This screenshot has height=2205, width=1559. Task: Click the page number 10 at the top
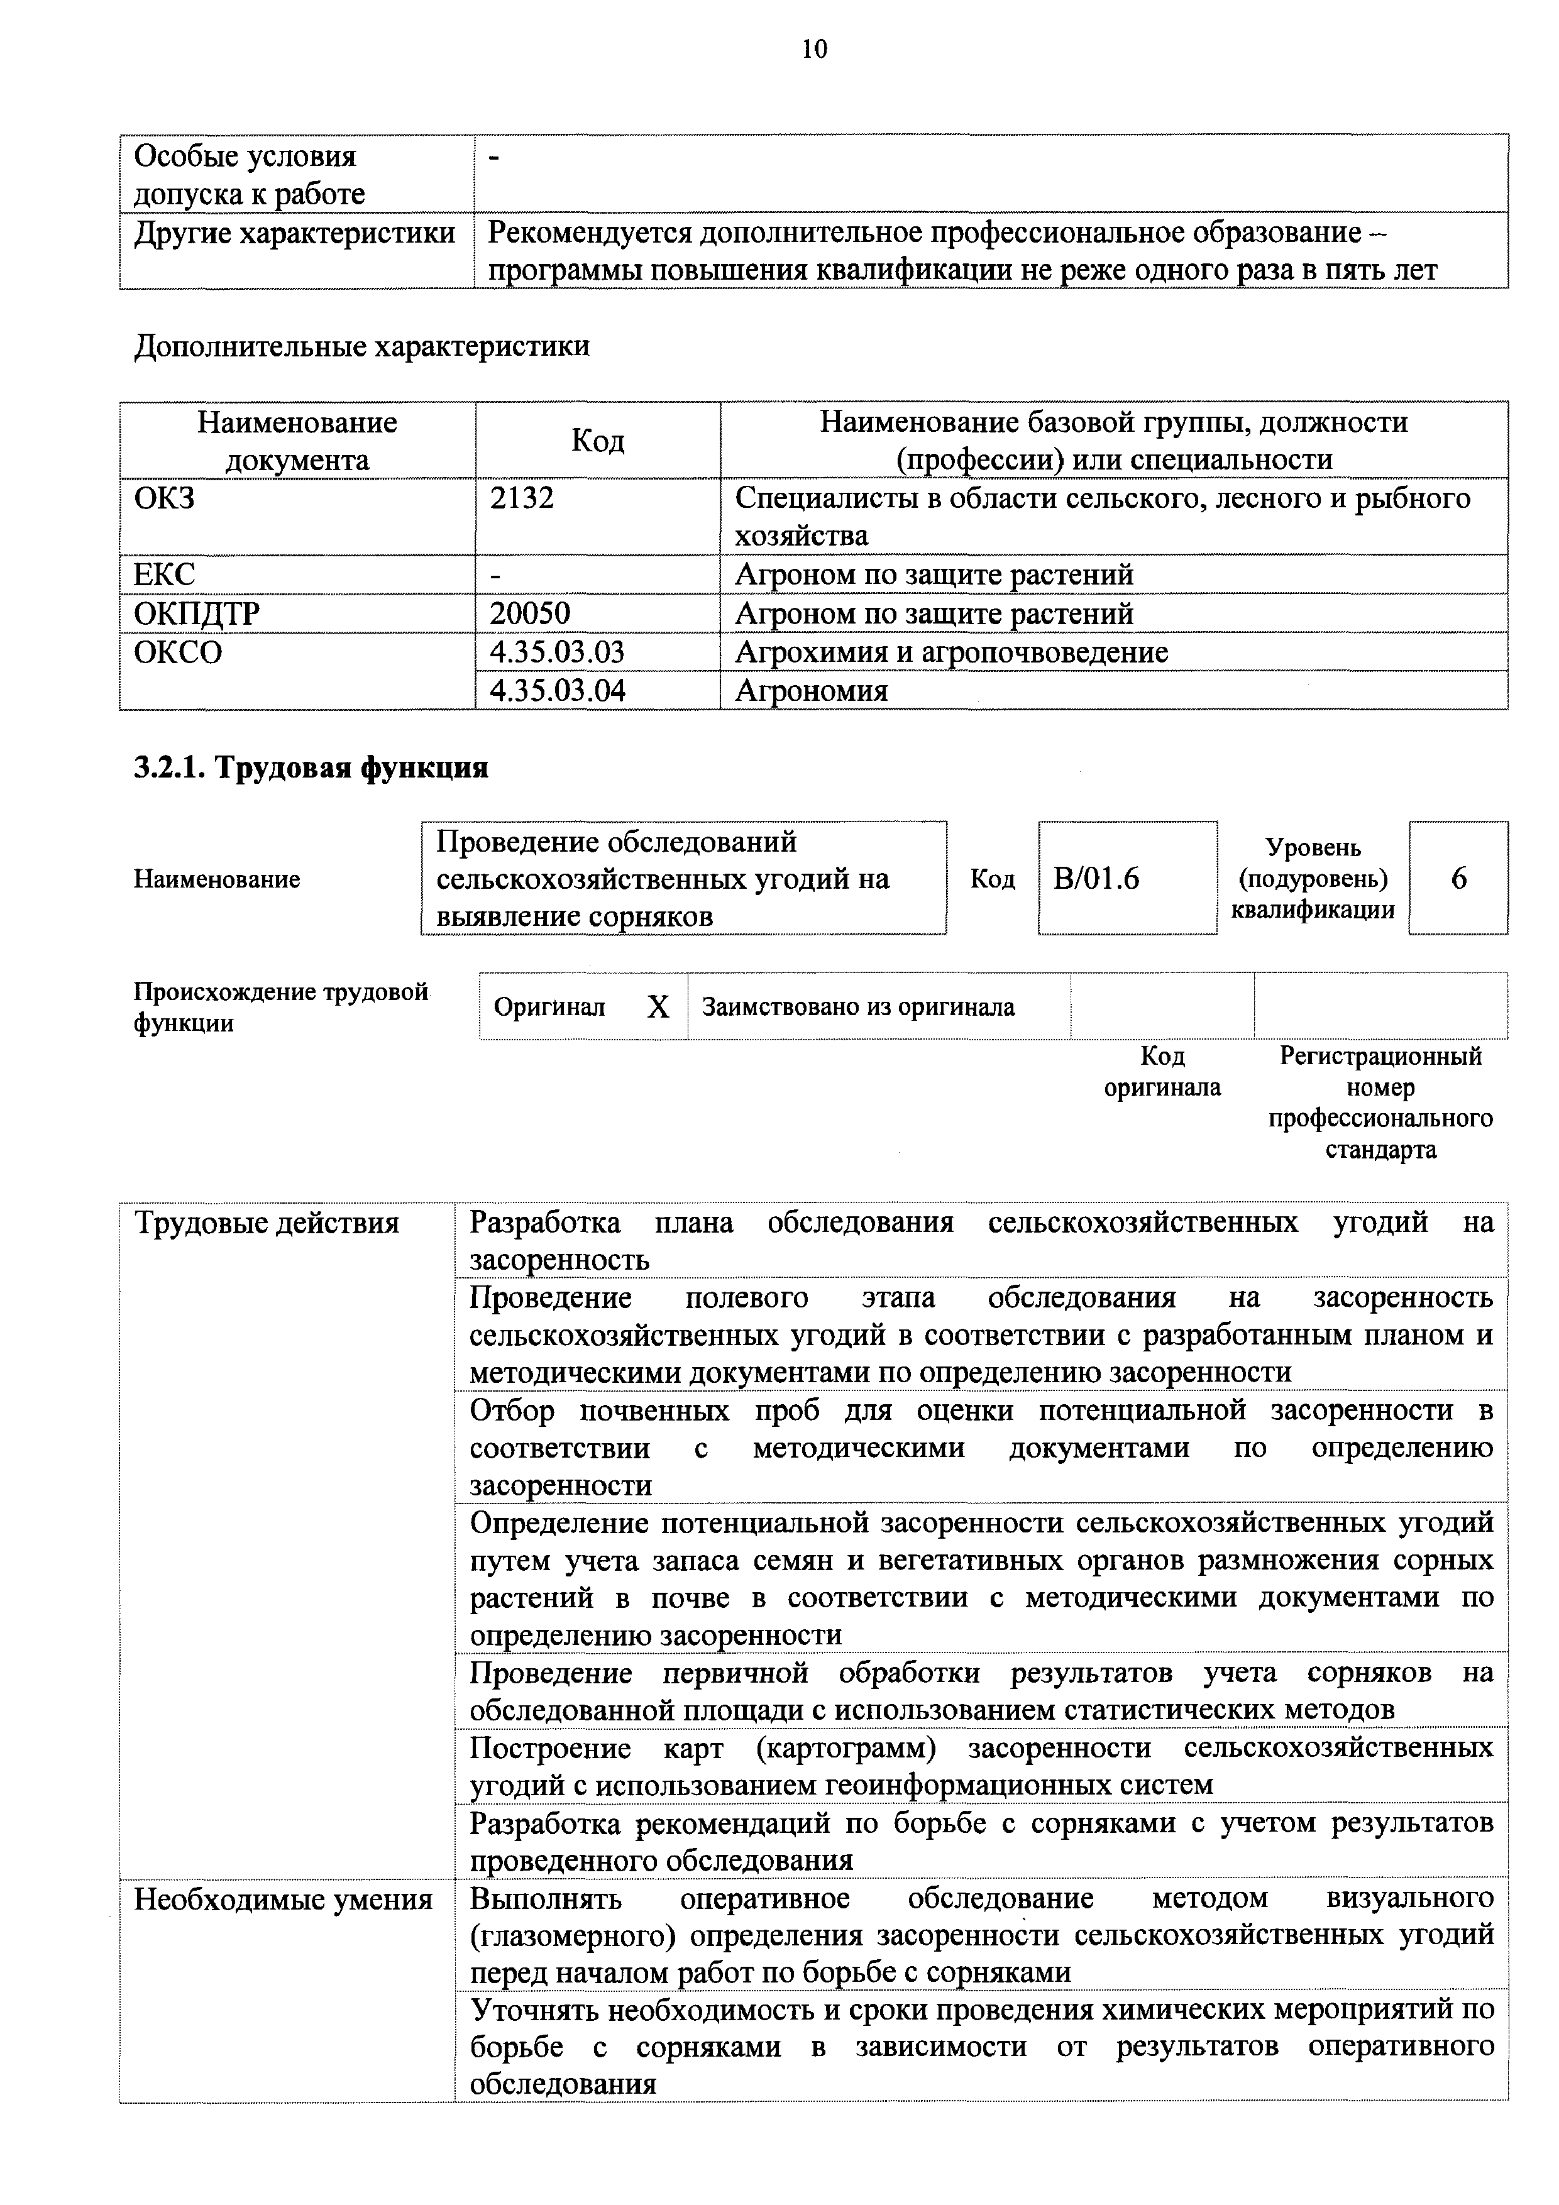tap(813, 49)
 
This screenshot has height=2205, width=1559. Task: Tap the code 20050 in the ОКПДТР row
tap(529, 613)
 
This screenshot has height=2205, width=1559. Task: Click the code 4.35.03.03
tap(557, 652)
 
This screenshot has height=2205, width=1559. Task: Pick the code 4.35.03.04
tap(557, 691)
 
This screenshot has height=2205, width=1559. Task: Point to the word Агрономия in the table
tap(811, 691)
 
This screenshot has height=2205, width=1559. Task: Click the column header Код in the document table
tap(597, 441)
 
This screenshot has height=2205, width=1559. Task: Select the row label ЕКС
tap(164, 575)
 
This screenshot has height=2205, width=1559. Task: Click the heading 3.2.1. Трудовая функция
tap(311, 767)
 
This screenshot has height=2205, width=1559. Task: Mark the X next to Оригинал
tap(658, 1008)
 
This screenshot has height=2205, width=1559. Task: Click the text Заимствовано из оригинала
tap(858, 1008)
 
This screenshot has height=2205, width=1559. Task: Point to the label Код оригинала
tap(1162, 1072)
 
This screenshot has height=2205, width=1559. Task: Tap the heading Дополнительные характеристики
tap(361, 346)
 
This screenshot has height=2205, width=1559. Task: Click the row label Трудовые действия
tap(266, 1224)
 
